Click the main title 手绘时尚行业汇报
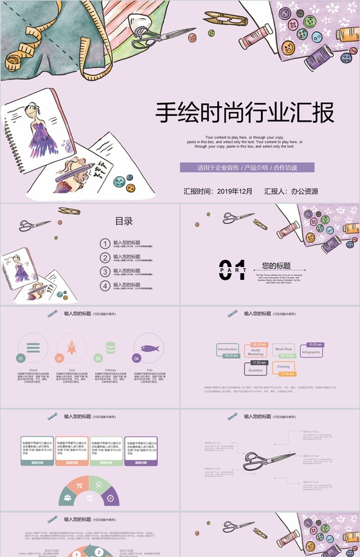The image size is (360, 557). (246, 113)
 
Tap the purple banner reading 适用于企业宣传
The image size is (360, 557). (247, 168)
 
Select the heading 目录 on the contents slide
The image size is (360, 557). (123, 221)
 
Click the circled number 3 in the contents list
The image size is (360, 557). (105, 271)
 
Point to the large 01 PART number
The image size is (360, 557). (233, 270)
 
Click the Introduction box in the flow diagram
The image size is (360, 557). (228, 349)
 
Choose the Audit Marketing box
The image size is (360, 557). (256, 351)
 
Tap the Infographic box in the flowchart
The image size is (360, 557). (311, 352)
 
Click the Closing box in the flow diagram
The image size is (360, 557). (283, 368)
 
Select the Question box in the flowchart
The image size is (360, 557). (256, 370)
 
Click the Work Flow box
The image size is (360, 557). (283, 349)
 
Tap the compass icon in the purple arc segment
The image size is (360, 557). (111, 497)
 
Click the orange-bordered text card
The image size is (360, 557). (72, 449)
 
